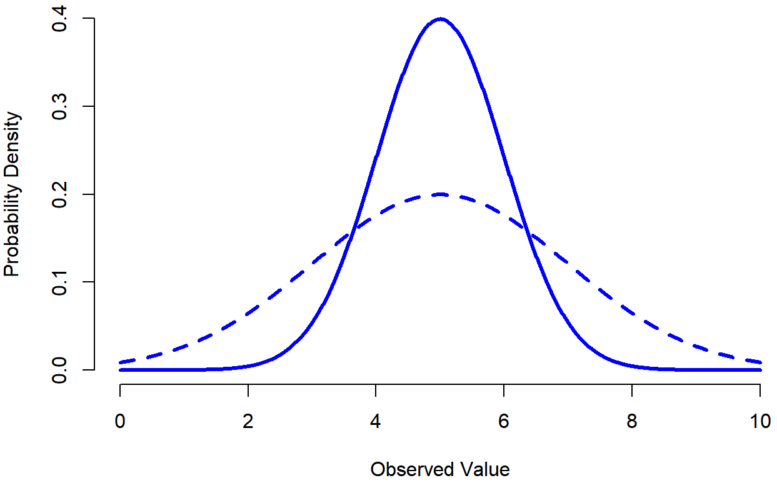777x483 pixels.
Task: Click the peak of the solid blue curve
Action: [x=440, y=19]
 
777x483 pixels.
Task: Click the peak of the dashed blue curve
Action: [x=440, y=194]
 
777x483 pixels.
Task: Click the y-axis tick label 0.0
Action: [x=60, y=369]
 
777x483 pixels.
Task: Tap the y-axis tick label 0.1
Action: [x=60, y=282]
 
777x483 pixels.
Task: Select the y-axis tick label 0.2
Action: [x=60, y=194]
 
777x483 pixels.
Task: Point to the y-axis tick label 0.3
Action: [x=60, y=106]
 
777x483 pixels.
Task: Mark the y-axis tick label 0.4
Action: [x=60, y=19]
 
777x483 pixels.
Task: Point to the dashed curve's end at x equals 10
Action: [x=759, y=362]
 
